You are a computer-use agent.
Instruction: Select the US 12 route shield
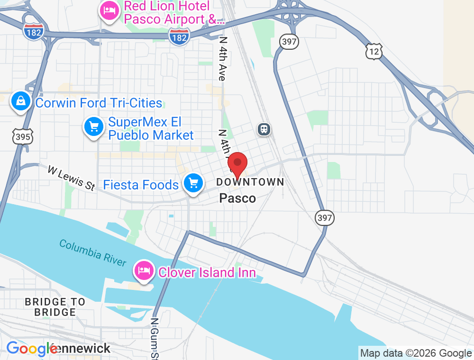point(374,51)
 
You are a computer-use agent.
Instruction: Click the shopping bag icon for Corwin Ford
point(21,101)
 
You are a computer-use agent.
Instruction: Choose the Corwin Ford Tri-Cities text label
point(99,103)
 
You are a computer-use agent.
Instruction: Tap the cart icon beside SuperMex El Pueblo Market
point(94,126)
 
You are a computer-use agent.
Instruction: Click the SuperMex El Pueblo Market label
point(151,129)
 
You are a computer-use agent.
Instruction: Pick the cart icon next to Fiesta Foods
point(193,183)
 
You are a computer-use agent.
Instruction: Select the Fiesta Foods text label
point(141,185)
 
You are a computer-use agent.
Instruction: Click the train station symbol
point(264,129)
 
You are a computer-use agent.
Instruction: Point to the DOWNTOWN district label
point(250,182)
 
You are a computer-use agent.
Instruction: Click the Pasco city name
point(237,198)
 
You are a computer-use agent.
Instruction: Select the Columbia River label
point(93,253)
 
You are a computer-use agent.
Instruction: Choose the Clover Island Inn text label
point(207,272)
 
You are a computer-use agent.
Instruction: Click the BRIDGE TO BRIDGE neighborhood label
point(55,307)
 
